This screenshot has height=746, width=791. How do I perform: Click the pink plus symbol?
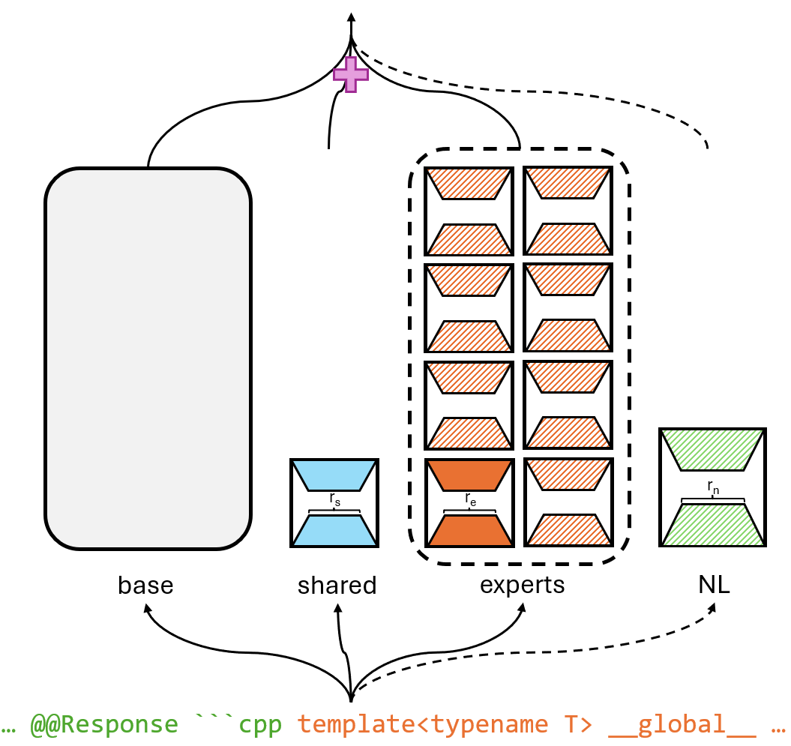[351, 74]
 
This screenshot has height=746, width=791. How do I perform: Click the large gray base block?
[148, 358]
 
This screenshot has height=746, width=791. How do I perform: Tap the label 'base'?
[145, 586]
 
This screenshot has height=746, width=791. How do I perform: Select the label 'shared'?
[337, 586]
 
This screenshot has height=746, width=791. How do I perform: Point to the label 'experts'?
[522, 585]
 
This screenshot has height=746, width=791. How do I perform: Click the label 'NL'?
[713, 586]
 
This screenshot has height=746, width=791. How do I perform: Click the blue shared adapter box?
[334, 502]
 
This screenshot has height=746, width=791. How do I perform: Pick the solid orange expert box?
[469, 502]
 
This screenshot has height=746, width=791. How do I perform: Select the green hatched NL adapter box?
[712, 487]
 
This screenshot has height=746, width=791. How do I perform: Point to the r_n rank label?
[712, 488]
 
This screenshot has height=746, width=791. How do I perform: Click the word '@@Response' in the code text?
[104, 724]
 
